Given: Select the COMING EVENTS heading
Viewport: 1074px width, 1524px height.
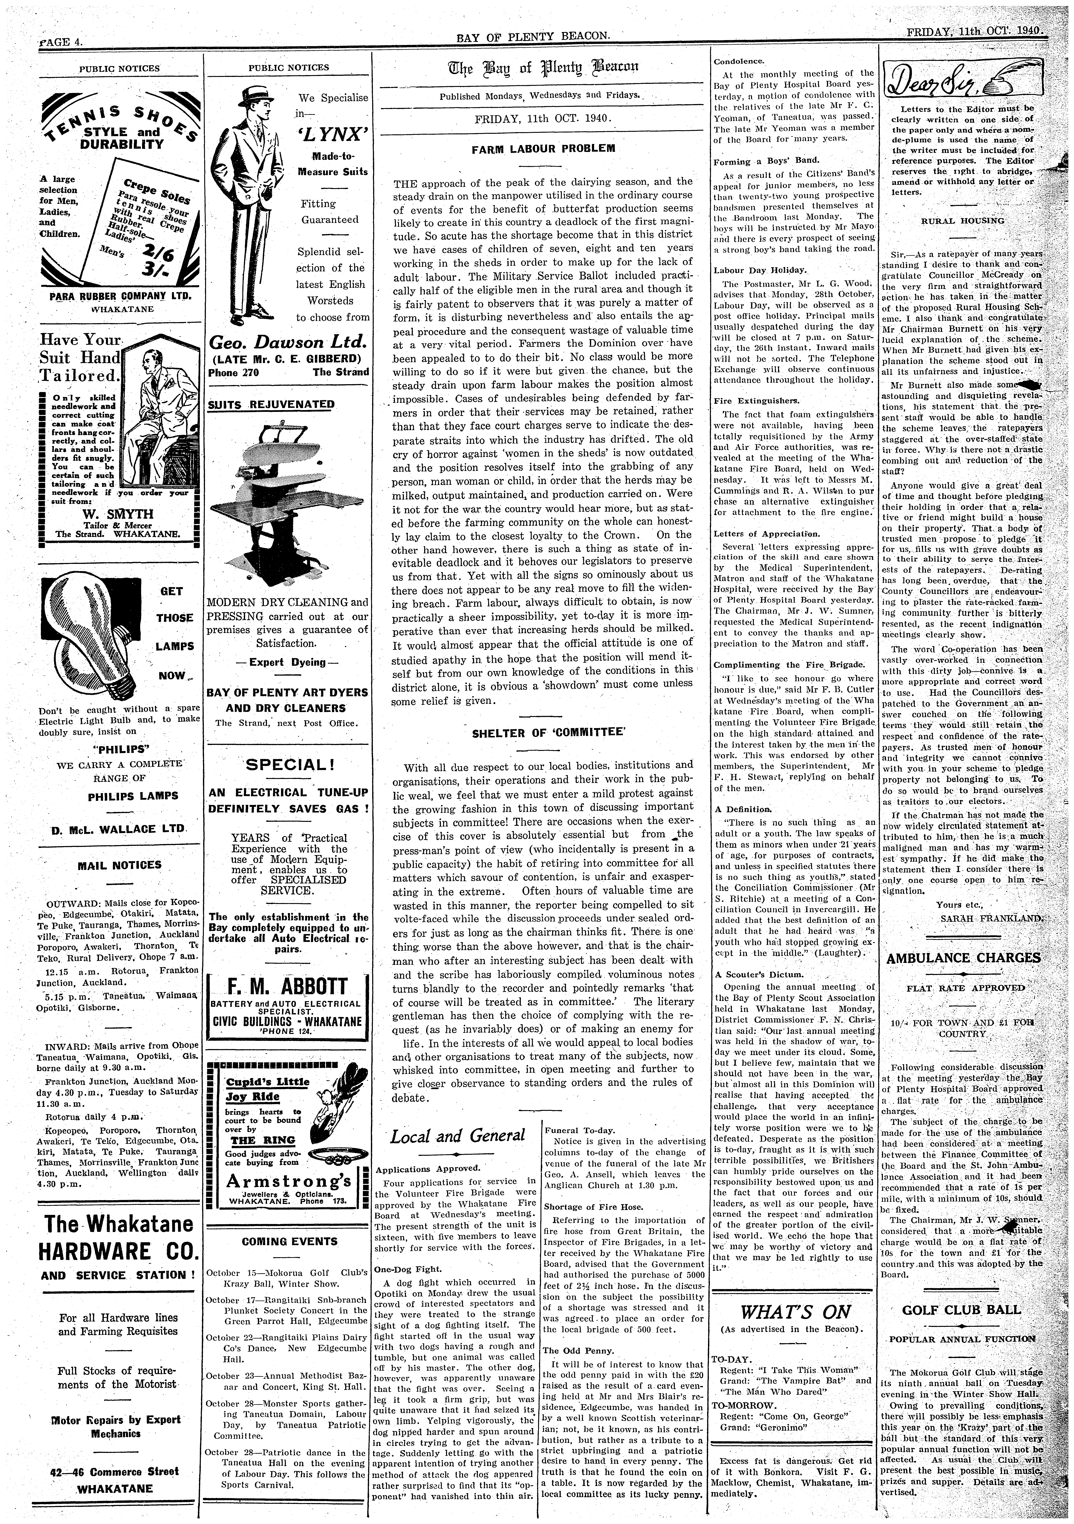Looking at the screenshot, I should [288, 1241].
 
